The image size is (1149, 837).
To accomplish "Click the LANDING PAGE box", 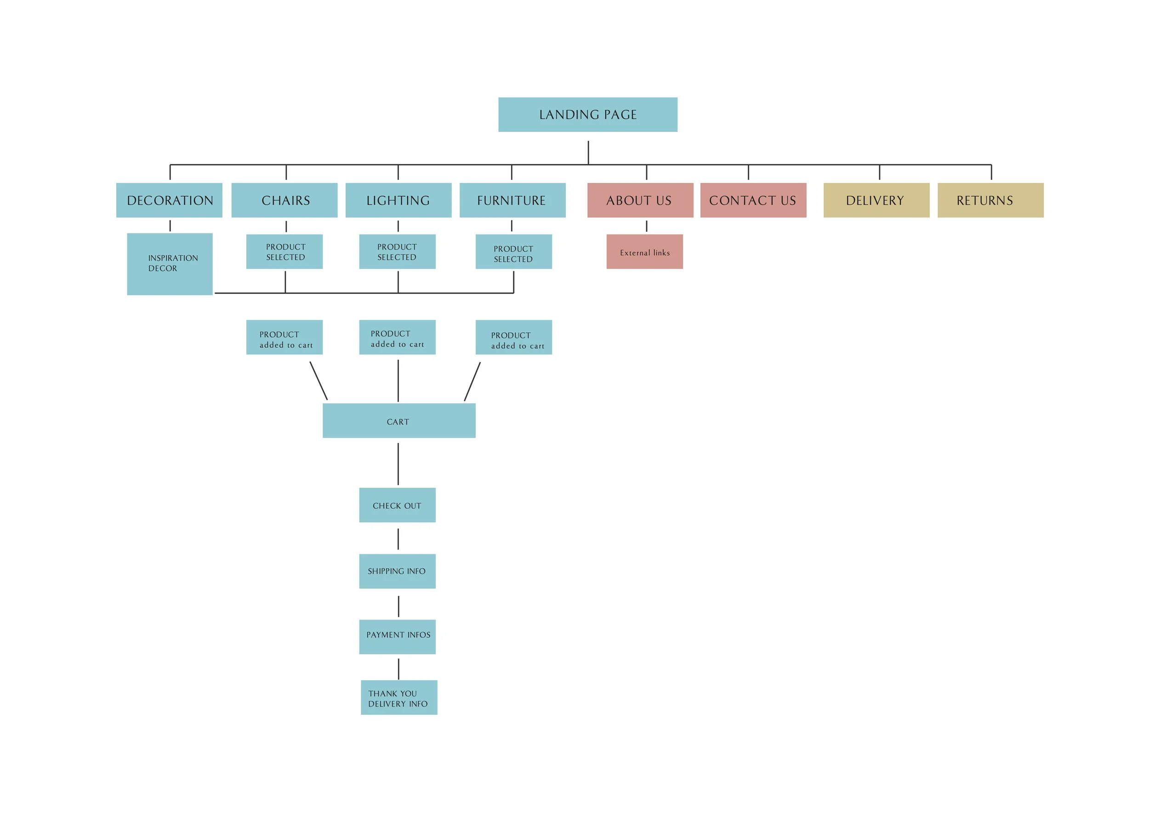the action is click(588, 114).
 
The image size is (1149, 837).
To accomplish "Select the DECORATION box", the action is click(169, 200).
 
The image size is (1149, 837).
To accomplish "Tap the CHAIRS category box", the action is click(284, 200).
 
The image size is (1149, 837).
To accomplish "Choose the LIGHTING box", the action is click(398, 200).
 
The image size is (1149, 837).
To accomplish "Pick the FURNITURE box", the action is click(512, 200).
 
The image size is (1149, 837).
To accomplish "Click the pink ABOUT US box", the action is click(640, 200).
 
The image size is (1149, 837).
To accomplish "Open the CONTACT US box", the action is click(753, 200).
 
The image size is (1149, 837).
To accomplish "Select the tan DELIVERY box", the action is click(876, 200).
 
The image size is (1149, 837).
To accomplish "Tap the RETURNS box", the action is click(990, 200).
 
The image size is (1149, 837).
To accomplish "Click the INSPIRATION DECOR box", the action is click(170, 263).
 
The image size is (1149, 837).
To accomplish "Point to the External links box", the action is click(644, 252).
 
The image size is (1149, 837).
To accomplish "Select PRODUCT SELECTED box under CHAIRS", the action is click(284, 252).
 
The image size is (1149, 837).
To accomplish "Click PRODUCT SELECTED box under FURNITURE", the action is click(513, 252).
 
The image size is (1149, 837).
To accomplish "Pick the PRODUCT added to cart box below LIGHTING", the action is click(397, 337).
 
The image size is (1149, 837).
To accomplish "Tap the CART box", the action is click(399, 421).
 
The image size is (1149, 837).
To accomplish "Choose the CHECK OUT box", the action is click(397, 505).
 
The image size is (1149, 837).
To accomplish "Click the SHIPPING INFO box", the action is click(397, 571).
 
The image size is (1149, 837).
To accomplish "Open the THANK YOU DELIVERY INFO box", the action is click(399, 697).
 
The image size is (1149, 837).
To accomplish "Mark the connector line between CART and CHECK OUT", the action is click(398, 464).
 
